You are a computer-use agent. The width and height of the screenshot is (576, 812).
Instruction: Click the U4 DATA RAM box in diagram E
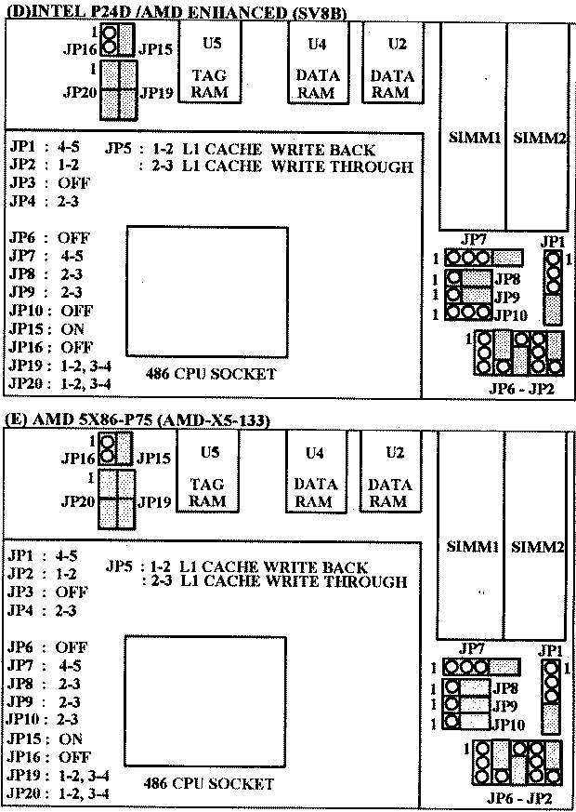click(318, 473)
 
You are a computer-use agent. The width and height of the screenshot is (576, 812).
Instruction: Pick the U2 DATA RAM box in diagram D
click(392, 64)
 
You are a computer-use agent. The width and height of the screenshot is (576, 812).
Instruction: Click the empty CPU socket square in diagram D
click(207, 291)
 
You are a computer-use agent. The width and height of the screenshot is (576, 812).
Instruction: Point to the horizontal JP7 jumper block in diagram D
click(484, 258)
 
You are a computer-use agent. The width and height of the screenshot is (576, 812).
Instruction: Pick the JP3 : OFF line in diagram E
click(47, 592)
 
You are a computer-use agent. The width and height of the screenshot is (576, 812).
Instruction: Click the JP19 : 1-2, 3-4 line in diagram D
click(60, 366)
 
